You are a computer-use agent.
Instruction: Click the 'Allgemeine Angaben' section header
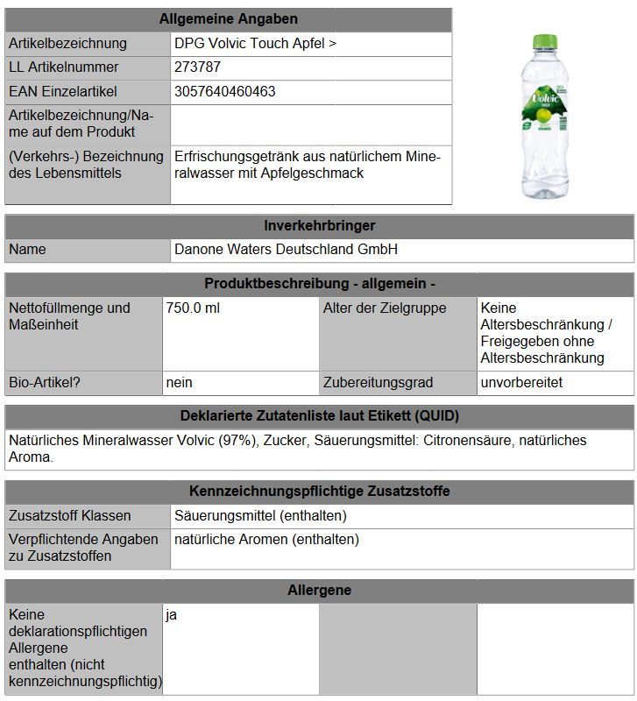[x=228, y=18]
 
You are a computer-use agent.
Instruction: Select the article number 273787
[x=197, y=67]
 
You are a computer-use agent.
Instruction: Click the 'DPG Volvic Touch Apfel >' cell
[x=255, y=43]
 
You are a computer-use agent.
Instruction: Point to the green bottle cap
[x=546, y=42]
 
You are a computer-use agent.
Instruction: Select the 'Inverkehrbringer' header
[x=319, y=225]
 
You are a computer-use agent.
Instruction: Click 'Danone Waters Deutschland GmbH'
[x=286, y=250]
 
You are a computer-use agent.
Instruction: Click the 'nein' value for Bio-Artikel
[x=179, y=383]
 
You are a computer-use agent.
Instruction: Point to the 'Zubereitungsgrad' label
[x=378, y=383]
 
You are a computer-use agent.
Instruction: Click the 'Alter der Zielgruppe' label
[x=384, y=308]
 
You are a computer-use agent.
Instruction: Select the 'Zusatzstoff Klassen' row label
[x=69, y=515]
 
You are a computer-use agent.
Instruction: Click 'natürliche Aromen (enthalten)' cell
[x=266, y=540]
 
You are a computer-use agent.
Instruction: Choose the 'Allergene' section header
[x=319, y=591]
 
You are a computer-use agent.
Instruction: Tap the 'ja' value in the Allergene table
[x=172, y=615]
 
